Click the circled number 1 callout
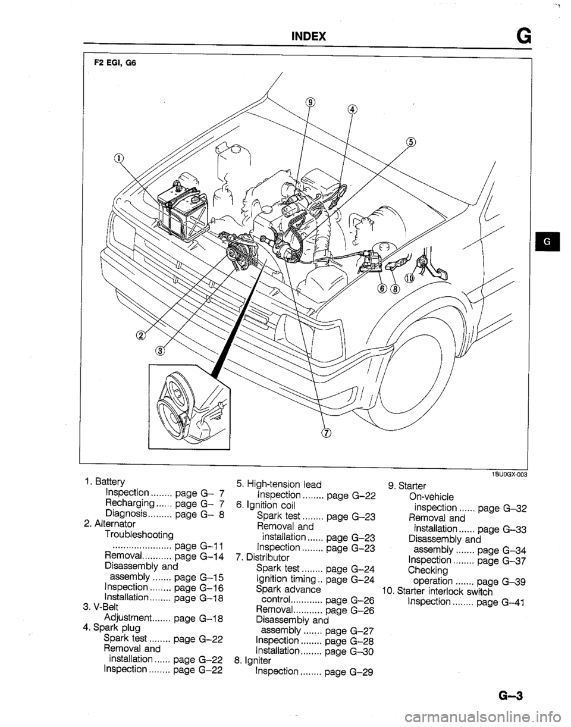[120, 159]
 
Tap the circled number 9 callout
[309, 102]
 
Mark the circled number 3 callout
[160, 350]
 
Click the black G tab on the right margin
[545, 243]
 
